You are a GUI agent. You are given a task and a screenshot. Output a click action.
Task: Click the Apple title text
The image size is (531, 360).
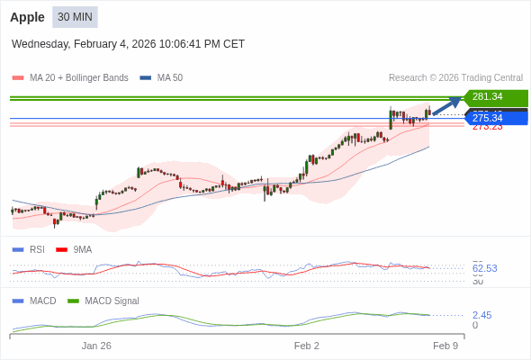tap(27, 17)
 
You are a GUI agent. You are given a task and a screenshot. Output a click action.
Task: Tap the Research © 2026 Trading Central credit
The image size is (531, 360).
tap(455, 78)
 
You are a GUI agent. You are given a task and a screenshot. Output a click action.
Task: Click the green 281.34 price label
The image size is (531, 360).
tap(494, 97)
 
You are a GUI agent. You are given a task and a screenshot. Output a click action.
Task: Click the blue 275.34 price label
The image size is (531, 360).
tap(494, 118)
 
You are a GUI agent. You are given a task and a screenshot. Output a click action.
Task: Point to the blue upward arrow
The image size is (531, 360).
tap(447, 105)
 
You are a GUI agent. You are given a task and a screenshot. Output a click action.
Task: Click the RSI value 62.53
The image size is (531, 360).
tap(484, 268)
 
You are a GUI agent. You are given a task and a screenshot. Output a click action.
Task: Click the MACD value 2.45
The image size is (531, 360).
tap(481, 315)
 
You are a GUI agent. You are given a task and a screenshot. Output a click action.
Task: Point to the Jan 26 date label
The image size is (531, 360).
tap(96, 346)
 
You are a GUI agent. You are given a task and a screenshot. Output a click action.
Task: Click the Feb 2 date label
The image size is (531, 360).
tap(307, 346)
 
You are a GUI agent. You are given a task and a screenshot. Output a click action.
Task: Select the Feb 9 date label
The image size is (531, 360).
tap(445, 346)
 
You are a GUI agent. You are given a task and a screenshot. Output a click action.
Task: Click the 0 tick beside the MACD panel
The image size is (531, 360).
tap(475, 325)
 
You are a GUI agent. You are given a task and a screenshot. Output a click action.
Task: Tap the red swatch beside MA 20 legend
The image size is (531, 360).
tap(17, 78)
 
